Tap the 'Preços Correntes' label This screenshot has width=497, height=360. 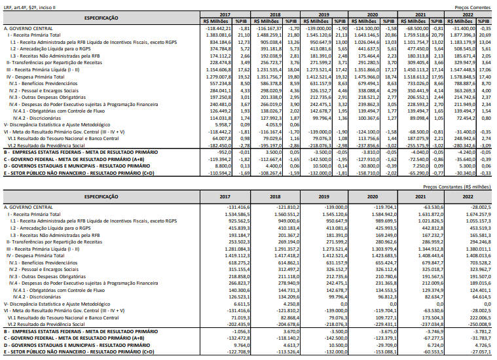coord(473,7)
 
